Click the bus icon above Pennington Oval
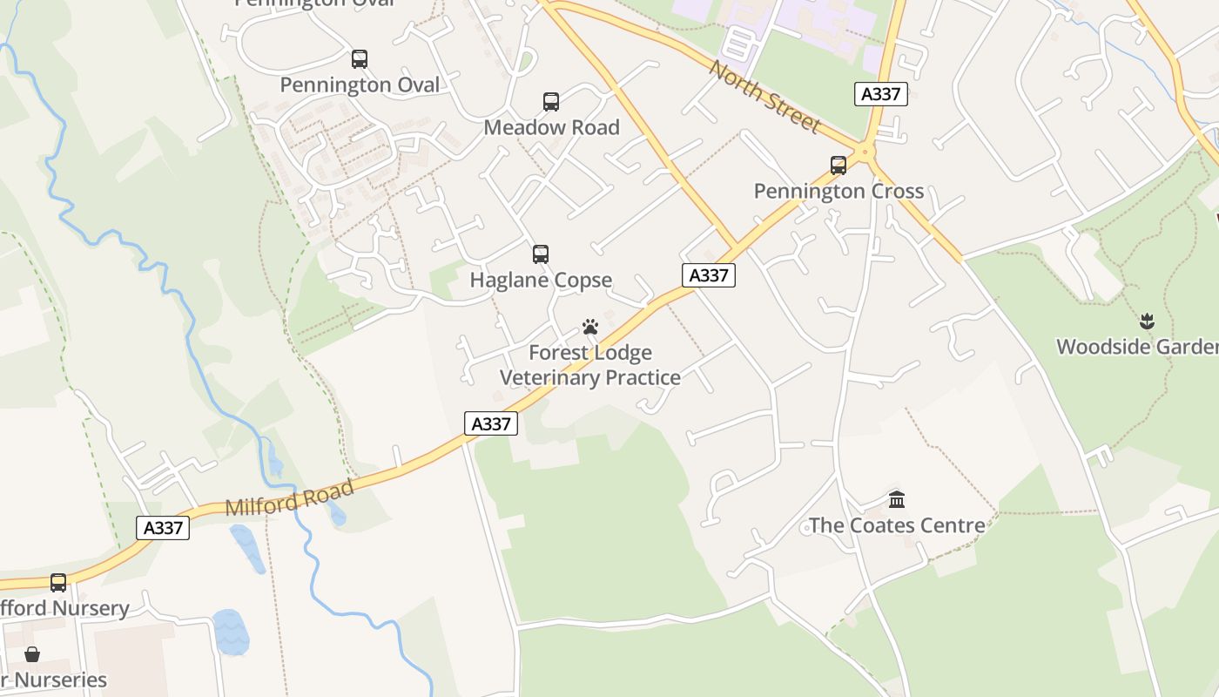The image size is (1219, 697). tap(359, 59)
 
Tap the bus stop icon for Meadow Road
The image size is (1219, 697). tap(551, 102)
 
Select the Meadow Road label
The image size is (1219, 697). tap(551, 127)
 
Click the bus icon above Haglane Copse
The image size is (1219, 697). tap(541, 254)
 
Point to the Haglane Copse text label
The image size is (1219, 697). tap(541, 280)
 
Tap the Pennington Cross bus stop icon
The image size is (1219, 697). tap(838, 166)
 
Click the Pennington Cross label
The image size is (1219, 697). tap(838, 191)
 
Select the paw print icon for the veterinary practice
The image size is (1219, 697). tap(590, 328)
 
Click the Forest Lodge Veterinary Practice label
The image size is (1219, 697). tap(590, 365)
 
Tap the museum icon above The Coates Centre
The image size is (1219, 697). tap(897, 500)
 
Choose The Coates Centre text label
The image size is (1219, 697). tap(897, 525)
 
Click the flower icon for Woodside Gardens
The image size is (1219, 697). tap(1147, 321)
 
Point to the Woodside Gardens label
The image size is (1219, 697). tap(1137, 347)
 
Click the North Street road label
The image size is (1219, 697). tap(764, 98)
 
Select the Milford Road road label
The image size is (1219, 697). tap(290, 497)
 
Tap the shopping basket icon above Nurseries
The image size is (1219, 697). tap(32, 654)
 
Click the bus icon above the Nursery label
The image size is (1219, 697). tap(58, 583)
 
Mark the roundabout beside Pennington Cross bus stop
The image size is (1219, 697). tap(865, 152)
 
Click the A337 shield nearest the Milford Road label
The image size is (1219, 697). tap(163, 528)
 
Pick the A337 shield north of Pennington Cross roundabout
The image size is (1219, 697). tap(881, 94)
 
